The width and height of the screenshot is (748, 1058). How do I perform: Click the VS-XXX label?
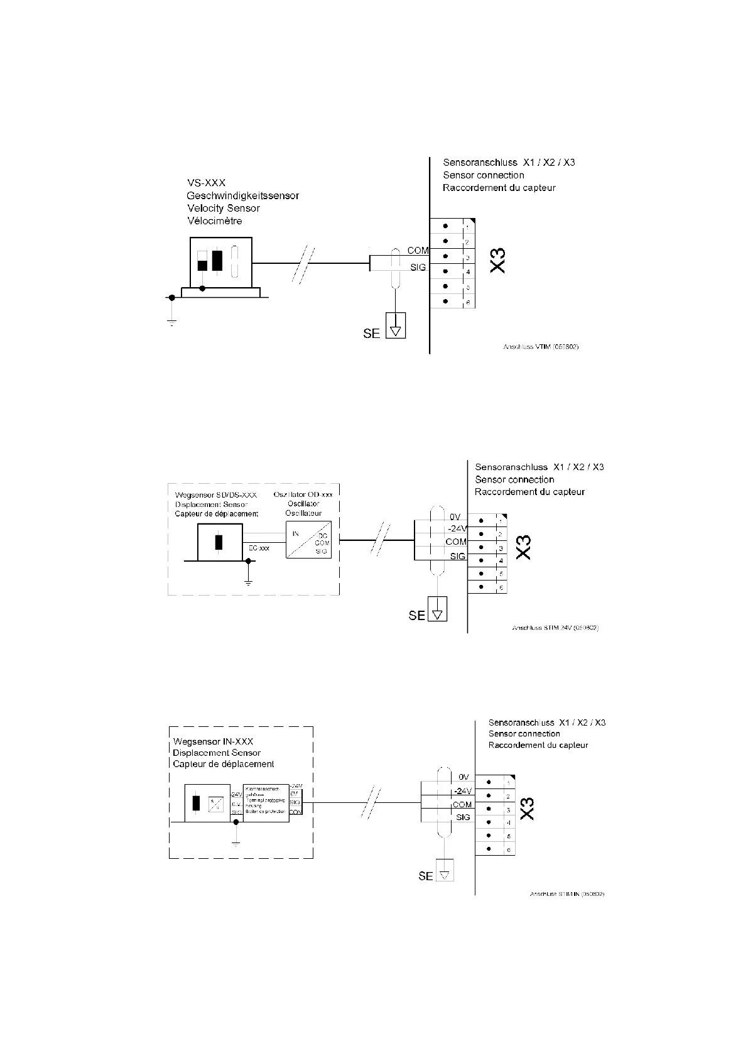point(206,183)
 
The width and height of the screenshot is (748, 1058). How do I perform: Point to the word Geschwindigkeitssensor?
point(242,195)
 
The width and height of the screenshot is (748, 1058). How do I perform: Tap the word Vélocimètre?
point(214,221)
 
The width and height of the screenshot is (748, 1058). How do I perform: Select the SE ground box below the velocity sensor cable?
point(396,325)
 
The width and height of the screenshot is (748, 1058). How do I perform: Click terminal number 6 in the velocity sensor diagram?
point(468,302)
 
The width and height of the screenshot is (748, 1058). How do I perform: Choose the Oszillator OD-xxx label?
point(303,494)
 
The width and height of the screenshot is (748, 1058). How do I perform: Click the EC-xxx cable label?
point(259,548)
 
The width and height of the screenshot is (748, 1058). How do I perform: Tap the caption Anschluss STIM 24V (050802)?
point(555,628)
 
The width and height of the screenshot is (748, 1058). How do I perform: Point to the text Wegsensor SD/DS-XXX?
point(215,494)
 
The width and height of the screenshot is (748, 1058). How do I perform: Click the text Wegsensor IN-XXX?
point(213,741)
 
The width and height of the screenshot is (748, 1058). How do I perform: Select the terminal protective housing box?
point(266,803)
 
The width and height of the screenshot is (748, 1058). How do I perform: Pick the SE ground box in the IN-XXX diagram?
point(444,874)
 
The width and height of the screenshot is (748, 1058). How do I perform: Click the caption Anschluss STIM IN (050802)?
point(566,893)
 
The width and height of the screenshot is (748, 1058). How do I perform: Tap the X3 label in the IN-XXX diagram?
point(528,808)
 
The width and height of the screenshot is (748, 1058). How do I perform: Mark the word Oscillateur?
point(303,513)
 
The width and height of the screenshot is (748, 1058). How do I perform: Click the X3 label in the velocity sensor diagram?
point(497,260)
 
